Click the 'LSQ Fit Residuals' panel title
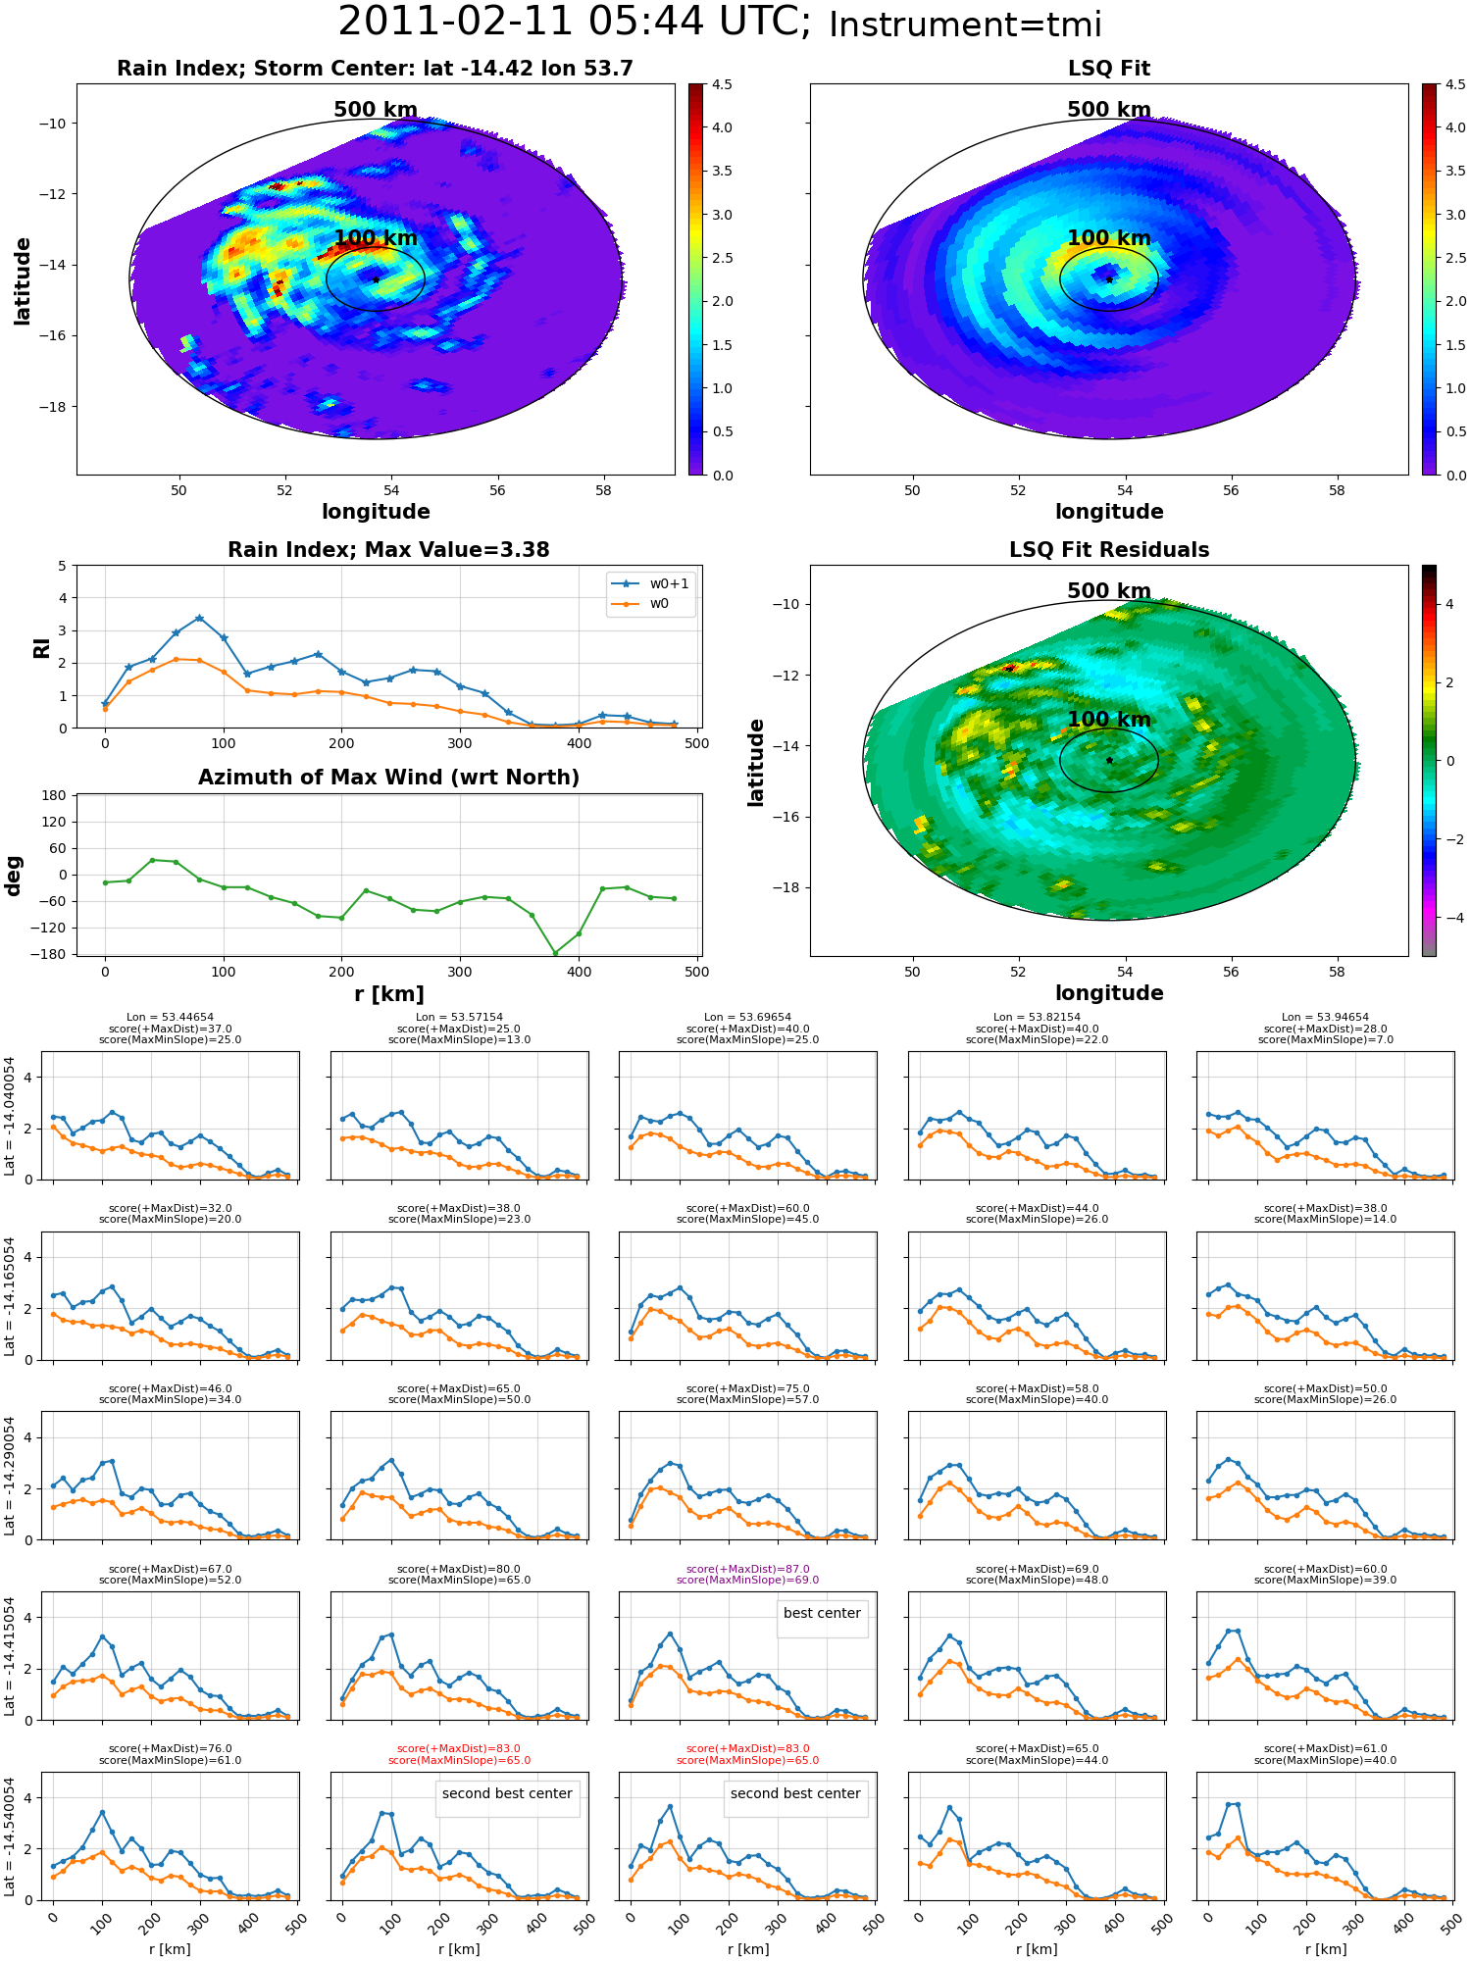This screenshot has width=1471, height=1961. (1109, 550)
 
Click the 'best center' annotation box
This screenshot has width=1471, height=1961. (822, 1613)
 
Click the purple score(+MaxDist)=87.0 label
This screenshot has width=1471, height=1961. (747, 1569)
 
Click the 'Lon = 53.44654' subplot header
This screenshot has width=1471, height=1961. (170, 1018)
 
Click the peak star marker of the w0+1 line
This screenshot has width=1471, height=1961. (200, 618)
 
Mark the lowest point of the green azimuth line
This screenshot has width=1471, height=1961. (555, 953)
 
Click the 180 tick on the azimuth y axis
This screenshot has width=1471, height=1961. (54, 795)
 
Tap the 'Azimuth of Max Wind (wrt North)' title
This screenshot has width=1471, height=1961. (388, 778)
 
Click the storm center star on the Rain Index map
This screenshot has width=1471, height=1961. (376, 279)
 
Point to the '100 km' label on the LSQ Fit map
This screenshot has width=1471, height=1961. (1109, 238)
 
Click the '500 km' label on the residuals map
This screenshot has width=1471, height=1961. (1109, 591)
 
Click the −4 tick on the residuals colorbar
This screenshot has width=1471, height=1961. (1449, 918)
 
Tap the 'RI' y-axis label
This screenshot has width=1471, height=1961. (41, 648)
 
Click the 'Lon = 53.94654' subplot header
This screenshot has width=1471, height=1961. (1325, 1018)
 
